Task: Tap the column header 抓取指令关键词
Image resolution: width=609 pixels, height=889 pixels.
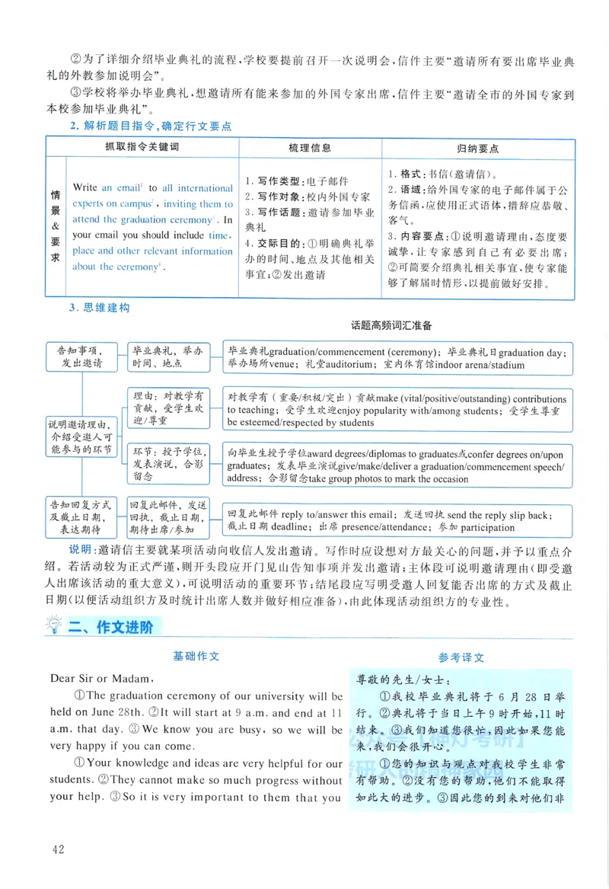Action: [141, 148]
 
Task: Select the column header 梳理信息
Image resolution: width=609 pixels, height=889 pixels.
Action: [310, 148]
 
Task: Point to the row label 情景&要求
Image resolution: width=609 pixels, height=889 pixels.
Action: [55, 226]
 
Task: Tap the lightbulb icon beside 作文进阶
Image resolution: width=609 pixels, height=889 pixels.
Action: [55, 627]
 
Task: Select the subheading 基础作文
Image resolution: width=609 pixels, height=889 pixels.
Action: [196, 655]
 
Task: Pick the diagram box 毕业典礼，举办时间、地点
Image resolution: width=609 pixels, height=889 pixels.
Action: [167, 357]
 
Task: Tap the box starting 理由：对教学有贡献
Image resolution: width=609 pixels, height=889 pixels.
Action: [167, 409]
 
